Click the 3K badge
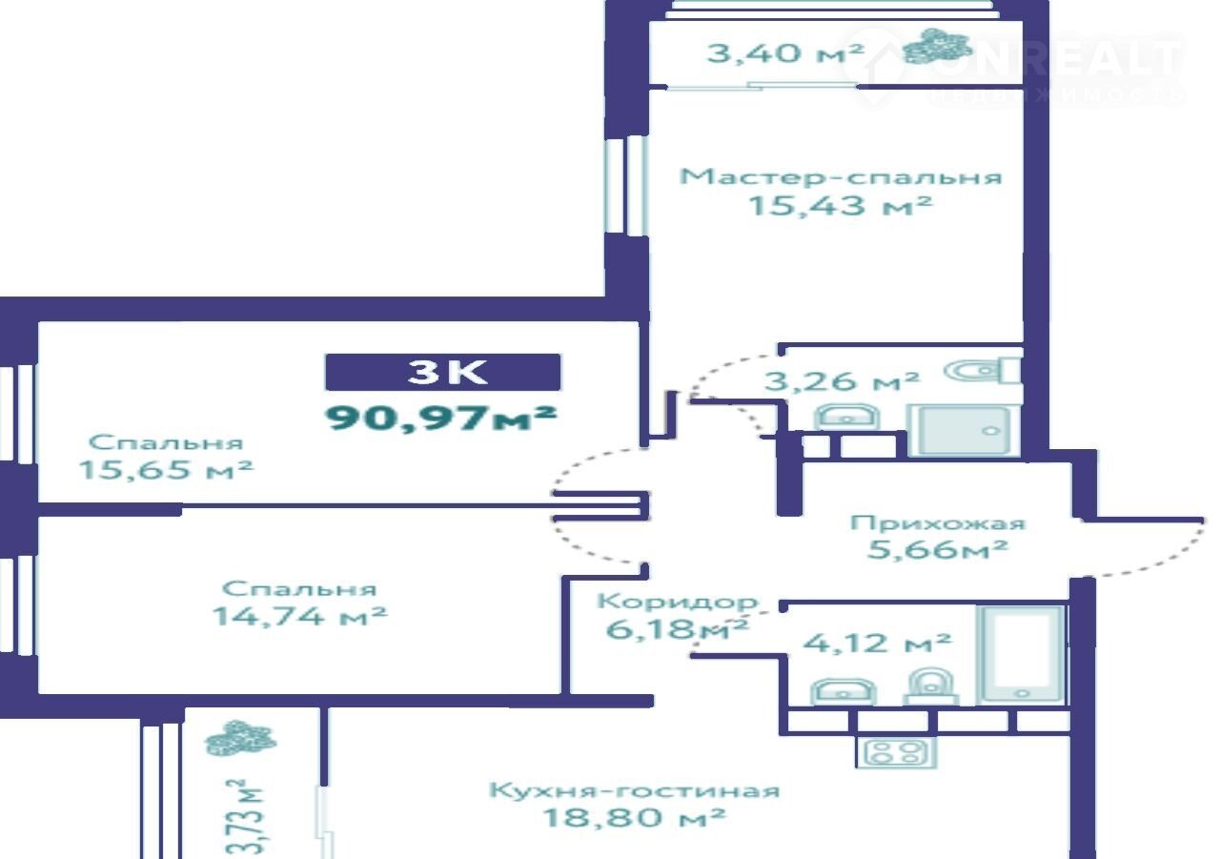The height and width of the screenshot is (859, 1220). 443,372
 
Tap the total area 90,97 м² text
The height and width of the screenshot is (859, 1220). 440,419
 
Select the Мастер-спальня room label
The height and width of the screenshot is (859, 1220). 841,177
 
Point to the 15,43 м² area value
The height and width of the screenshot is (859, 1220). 841,205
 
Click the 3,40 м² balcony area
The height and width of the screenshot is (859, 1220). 784,52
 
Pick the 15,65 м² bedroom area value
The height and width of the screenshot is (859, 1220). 166,469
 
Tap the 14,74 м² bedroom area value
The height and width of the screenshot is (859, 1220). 299,616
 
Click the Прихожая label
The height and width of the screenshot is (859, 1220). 938,523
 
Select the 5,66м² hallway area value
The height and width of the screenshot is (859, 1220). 937,549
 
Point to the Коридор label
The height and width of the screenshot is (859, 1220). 678,602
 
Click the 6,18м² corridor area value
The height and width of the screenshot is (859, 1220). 677,629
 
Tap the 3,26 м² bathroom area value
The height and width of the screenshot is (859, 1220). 842,380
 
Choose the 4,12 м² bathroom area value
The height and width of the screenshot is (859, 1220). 877,644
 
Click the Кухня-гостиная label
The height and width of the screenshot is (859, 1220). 635,789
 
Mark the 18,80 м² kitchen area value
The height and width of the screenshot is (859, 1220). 634,817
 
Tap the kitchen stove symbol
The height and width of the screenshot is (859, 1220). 896,753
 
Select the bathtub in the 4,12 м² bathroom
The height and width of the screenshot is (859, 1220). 1022,654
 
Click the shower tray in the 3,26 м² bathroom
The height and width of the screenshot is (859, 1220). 964,430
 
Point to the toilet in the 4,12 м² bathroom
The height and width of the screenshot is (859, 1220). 931,685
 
